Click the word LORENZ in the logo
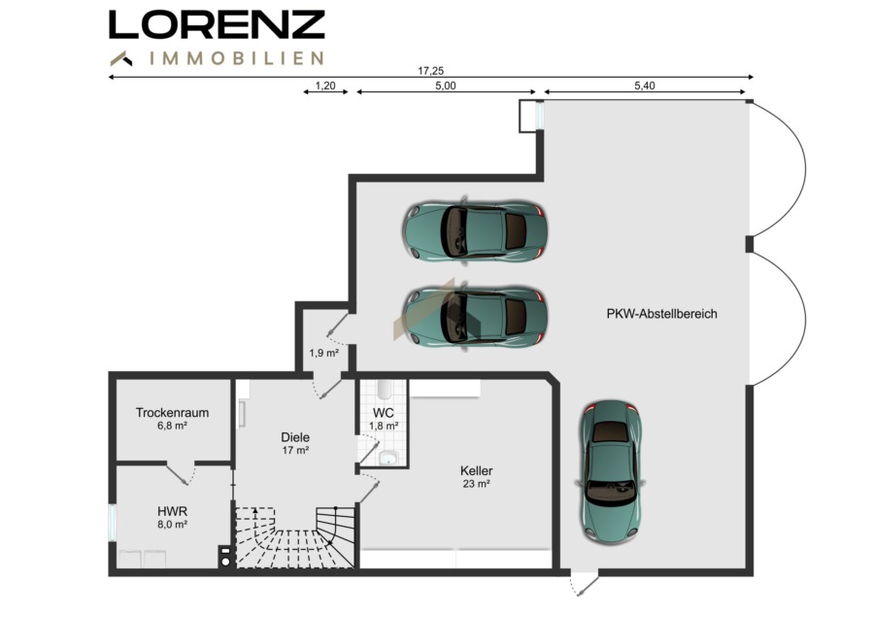click(x=217, y=25)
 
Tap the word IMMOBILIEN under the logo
click(x=237, y=58)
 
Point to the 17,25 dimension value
click(x=431, y=71)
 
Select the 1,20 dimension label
click(x=325, y=86)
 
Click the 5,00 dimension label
click(x=446, y=86)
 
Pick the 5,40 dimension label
click(x=645, y=86)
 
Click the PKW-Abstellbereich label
click(x=661, y=314)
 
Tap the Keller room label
click(x=477, y=470)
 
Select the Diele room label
click(x=295, y=437)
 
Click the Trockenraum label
click(x=172, y=413)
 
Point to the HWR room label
click(x=172, y=511)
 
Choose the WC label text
click(x=384, y=413)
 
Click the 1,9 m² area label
click(x=324, y=353)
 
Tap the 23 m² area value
click(x=477, y=484)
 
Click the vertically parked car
click(x=611, y=472)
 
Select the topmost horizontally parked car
click(x=474, y=230)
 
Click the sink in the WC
click(x=388, y=459)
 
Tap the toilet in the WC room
click(x=384, y=390)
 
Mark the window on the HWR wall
click(x=112, y=523)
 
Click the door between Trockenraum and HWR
click(x=182, y=473)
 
